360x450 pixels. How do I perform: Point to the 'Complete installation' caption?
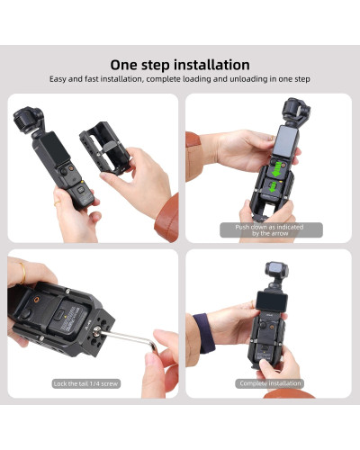coord(270,383)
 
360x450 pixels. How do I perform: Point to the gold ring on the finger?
coord(19,270)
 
